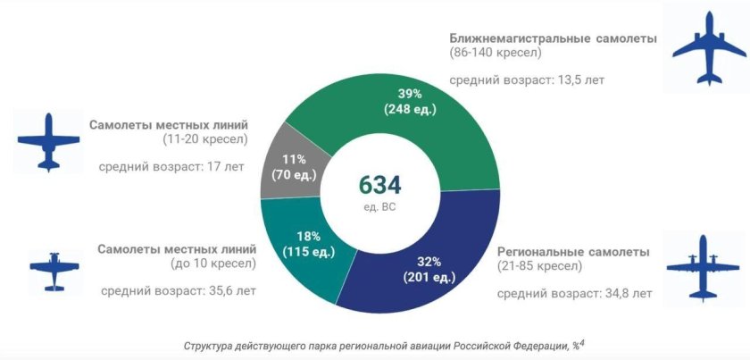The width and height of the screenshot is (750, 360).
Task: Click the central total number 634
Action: point(379,186)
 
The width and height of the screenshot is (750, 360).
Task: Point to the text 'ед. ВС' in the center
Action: point(379,207)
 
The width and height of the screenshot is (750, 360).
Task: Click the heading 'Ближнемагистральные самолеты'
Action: point(553,39)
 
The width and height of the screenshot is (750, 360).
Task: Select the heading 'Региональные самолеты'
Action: point(572,251)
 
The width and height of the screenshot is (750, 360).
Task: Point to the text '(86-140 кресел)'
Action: point(496,54)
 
